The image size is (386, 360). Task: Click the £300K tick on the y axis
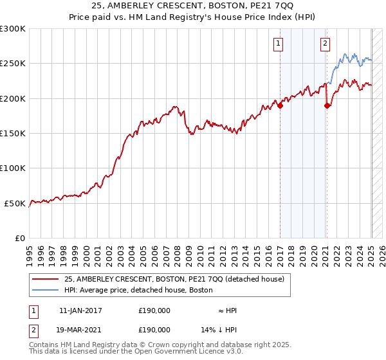[13, 29]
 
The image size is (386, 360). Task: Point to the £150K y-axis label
[13, 134]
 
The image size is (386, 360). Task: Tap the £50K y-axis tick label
[15, 203]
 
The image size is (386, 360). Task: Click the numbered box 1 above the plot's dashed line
[279, 44]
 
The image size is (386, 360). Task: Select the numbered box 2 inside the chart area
[325, 44]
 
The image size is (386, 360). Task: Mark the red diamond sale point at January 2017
[280, 106]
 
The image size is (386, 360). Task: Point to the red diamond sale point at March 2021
[327, 106]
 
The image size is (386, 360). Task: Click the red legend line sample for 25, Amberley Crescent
[46, 279]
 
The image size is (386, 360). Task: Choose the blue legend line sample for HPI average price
[46, 290]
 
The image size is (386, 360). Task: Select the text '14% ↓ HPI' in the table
[218, 329]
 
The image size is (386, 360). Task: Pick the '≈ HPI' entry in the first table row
[227, 310]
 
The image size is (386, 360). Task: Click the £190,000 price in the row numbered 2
[154, 329]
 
